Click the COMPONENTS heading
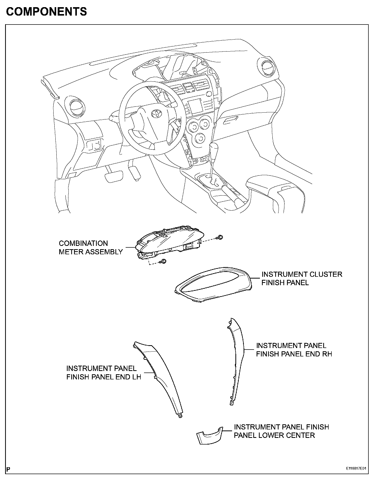(46, 11)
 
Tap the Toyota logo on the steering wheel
(155, 114)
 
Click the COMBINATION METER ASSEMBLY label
(91, 247)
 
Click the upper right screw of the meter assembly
(220, 237)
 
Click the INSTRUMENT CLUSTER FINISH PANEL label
(302, 278)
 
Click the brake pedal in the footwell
(114, 176)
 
